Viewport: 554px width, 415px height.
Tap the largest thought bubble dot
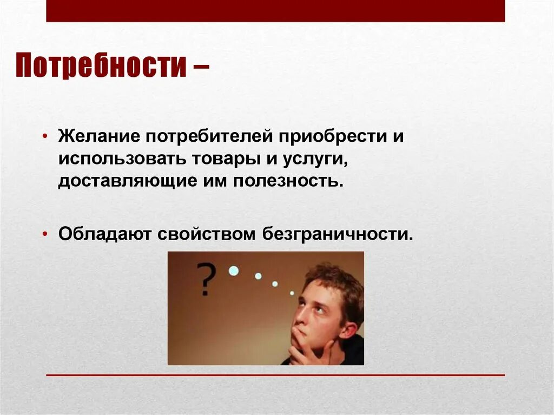click(x=233, y=271)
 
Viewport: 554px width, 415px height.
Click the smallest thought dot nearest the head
click(x=292, y=293)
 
